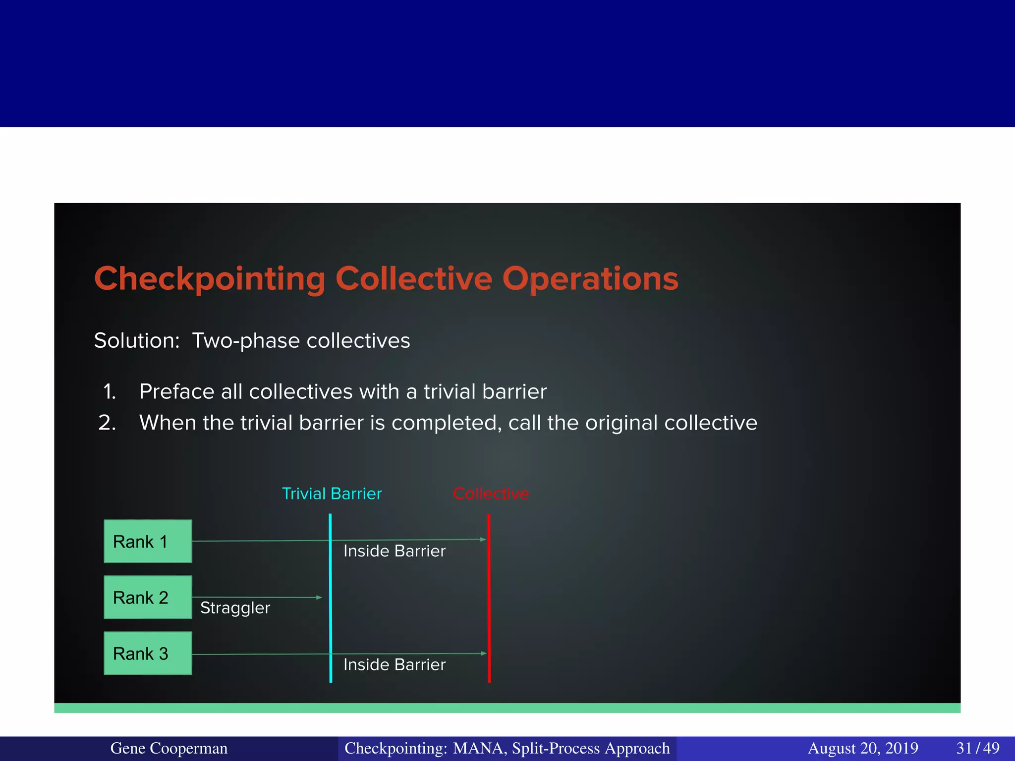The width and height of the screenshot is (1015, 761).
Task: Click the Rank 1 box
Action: (x=148, y=541)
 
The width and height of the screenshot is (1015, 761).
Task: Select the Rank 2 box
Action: (x=148, y=597)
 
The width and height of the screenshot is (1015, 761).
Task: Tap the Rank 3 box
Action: (x=148, y=653)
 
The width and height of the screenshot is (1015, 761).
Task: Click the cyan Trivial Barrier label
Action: (x=332, y=493)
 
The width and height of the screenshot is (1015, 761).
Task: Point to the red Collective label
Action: (x=491, y=493)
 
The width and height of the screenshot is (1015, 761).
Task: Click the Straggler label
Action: (x=235, y=608)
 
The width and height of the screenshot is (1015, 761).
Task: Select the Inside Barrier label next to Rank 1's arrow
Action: (x=395, y=551)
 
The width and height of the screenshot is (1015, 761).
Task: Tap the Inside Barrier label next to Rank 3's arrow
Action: (x=395, y=664)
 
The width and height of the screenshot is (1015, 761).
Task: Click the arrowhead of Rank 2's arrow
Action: (x=320, y=598)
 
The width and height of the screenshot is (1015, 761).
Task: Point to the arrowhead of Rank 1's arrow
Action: (x=483, y=539)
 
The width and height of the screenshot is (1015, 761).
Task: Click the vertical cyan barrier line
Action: (x=331, y=619)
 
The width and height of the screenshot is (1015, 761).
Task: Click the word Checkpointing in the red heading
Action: (x=210, y=279)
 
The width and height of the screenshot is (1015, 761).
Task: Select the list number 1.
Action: (x=109, y=392)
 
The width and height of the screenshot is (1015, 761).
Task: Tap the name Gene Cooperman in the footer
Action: (x=169, y=748)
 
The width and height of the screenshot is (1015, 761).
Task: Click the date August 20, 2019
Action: (x=863, y=748)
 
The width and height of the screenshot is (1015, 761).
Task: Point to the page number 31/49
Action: (x=977, y=748)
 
